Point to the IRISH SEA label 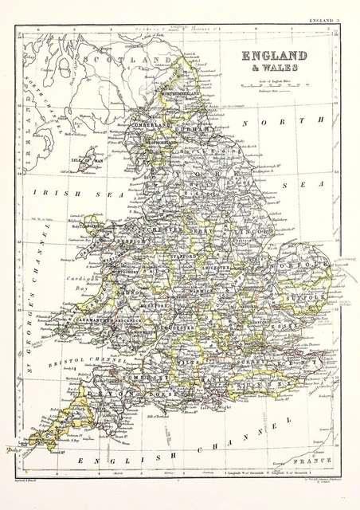point(72,192)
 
